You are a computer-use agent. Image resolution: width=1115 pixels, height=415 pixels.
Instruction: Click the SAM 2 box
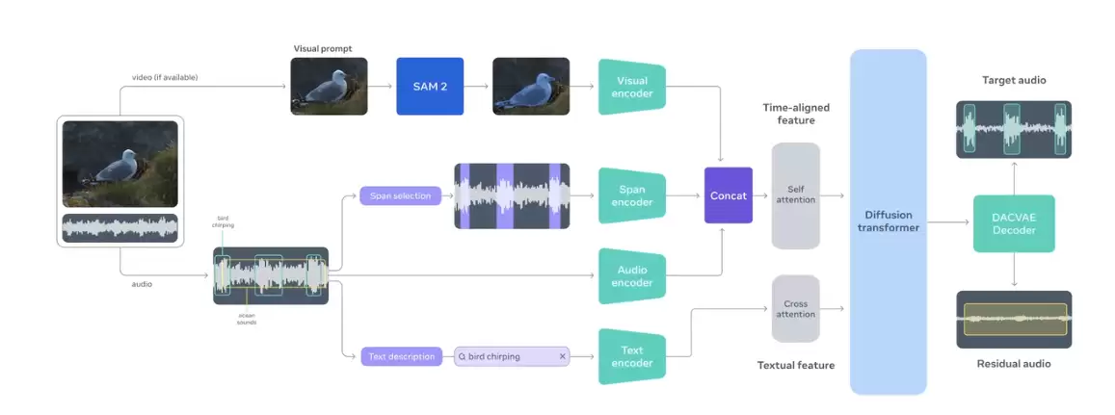point(430,87)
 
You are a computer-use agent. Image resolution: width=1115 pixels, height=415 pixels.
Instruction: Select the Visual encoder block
point(632,87)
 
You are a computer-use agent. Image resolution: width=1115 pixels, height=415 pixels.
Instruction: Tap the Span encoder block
point(632,195)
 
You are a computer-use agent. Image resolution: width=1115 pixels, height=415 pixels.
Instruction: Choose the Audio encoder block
point(632,276)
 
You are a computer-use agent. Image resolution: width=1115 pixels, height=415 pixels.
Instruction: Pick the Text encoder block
point(632,356)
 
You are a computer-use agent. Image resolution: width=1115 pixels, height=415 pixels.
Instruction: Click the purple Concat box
point(728,195)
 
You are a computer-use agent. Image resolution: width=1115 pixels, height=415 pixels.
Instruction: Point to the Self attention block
point(795,195)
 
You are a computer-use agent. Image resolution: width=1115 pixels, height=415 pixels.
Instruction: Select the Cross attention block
point(795,309)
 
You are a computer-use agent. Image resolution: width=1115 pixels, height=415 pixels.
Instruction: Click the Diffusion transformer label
point(888,221)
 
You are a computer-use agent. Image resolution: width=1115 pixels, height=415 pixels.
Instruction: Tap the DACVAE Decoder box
point(1014,223)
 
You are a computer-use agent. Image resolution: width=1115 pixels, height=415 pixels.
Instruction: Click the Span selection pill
point(400,196)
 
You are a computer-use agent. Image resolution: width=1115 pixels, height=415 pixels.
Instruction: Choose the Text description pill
point(402,356)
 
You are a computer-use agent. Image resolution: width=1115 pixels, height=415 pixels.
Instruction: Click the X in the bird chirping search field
point(563,356)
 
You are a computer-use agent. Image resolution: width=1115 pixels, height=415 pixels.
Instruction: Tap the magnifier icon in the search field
point(463,356)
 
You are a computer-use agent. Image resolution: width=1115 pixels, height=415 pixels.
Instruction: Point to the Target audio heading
point(1013,80)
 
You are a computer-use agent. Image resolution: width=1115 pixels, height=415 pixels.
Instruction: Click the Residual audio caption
point(1013,364)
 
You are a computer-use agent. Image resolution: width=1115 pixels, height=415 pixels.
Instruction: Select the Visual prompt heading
point(323,47)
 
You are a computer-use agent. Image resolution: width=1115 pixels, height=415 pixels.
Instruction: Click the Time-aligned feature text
point(795,114)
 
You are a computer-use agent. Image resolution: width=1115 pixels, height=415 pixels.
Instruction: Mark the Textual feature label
point(795,365)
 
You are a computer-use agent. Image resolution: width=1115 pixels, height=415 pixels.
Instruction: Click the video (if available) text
point(165,77)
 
